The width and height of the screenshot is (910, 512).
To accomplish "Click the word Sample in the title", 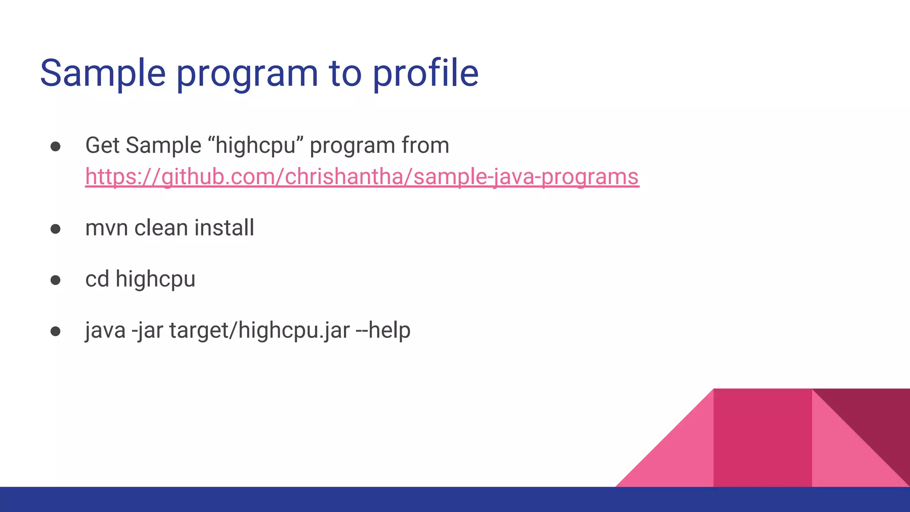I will point(103,73).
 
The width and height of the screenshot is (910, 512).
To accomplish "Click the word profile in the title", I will point(425,73).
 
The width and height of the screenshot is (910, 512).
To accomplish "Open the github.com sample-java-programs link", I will point(362,177).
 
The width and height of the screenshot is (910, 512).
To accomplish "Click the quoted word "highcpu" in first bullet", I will point(256,146).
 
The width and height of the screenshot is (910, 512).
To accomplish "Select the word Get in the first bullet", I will point(102,146).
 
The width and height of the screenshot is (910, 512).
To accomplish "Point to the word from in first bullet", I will point(425,146).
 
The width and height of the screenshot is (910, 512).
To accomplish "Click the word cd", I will point(97,279).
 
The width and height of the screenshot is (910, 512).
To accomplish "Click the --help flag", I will point(383,330).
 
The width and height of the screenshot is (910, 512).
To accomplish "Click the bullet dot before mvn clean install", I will point(56,229).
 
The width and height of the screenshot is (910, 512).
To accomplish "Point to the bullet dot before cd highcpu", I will point(56,280).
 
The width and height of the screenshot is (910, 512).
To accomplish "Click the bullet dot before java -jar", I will point(56,332).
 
